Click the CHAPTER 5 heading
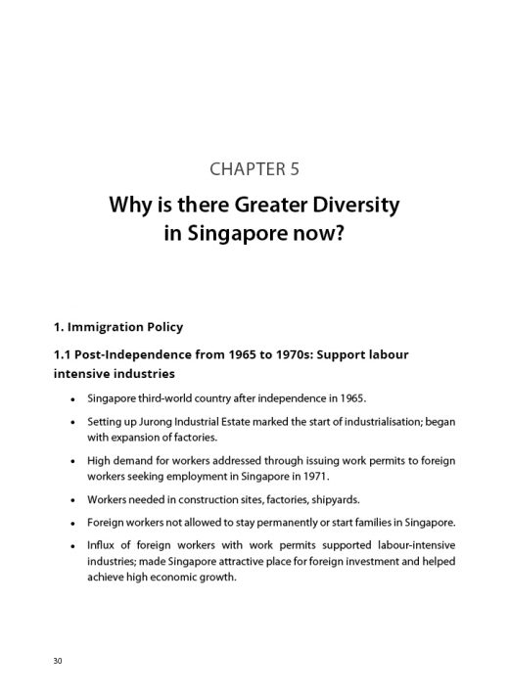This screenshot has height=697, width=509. click(254, 168)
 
